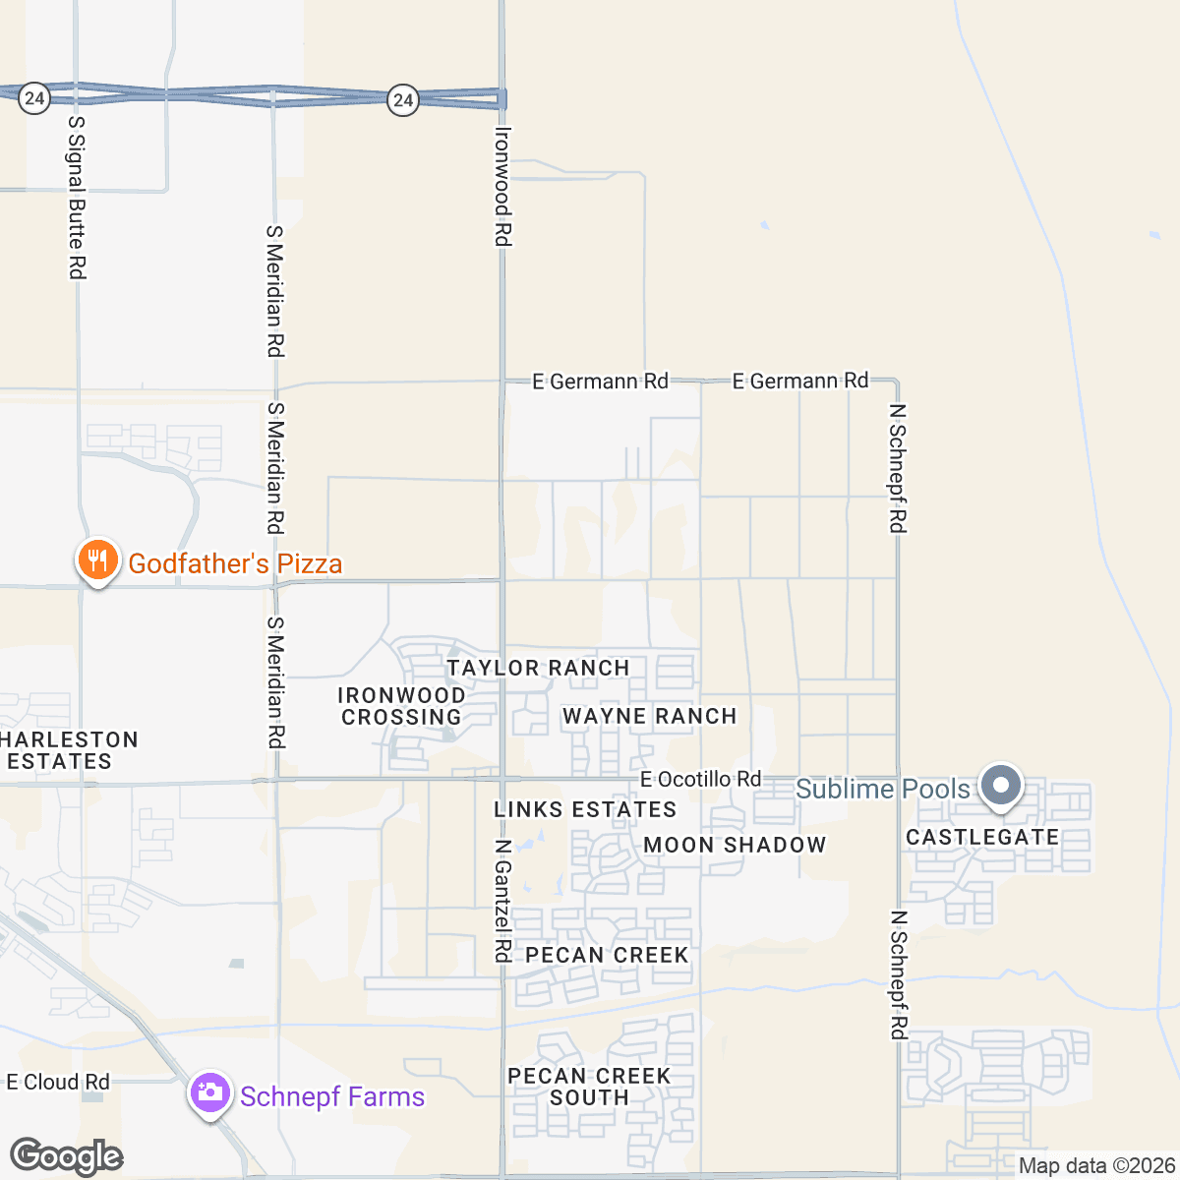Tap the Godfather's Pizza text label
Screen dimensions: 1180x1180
[235, 563]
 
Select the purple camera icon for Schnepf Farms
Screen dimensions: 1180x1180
[209, 1093]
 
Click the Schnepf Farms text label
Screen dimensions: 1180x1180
[332, 1096]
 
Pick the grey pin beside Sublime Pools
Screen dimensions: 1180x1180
[1001, 787]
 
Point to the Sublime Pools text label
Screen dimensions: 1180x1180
[882, 789]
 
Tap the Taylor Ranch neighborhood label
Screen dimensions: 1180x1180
[538, 668]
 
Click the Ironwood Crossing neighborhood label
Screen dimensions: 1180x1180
[401, 706]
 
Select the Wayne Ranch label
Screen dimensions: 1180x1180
[649, 716]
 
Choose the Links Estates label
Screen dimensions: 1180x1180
[585, 809]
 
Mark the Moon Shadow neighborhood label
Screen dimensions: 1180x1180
[735, 845]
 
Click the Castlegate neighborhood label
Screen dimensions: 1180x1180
[982, 837]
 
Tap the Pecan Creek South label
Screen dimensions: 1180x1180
[589, 1087]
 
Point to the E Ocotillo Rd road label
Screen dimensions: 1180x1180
[700, 779]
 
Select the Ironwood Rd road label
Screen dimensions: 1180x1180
[502, 186]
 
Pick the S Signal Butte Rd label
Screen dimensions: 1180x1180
[77, 197]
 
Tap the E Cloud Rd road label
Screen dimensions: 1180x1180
[57, 1082]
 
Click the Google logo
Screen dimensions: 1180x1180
[66, 1157]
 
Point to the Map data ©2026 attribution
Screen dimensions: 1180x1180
[1096, 1166]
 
